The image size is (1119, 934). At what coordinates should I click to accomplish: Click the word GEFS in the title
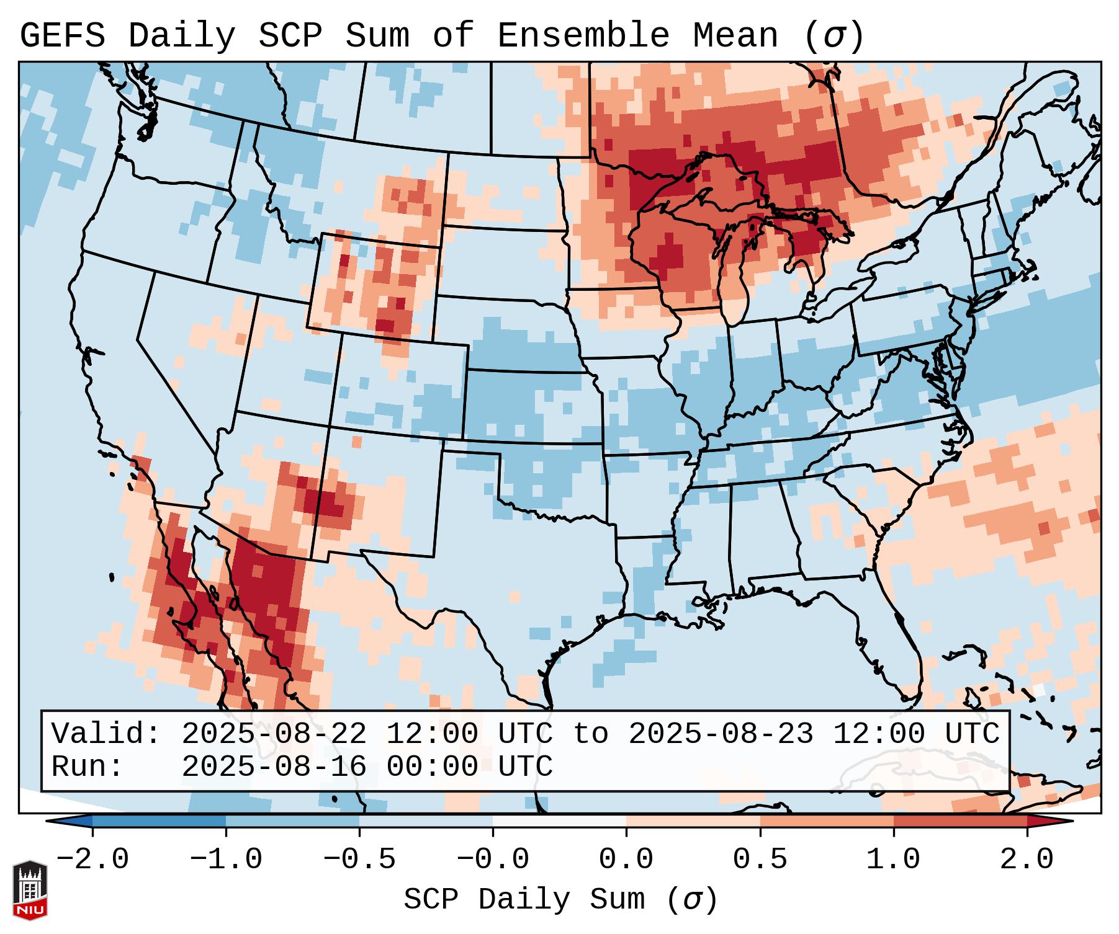[62, 36]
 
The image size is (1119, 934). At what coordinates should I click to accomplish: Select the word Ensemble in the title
[583, 36]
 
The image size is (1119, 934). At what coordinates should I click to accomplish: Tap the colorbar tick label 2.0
[1027, 860]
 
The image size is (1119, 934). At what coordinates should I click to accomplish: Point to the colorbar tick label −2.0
[92, 860]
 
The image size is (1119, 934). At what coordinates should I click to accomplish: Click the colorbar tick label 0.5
[760, 860]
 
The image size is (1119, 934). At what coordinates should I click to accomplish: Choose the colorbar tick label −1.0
[226, 860]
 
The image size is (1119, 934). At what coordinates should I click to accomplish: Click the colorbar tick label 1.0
[893, 860]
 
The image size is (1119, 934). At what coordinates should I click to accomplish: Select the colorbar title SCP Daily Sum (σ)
[560, 900]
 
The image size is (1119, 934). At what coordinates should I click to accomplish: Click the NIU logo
[30, 890]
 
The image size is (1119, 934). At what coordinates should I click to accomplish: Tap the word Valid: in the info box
[106, 734]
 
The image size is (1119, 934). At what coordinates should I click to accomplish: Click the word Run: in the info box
[87, 767]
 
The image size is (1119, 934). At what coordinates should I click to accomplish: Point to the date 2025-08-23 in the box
[721, 734]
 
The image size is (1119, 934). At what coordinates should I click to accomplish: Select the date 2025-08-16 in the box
[274, 767]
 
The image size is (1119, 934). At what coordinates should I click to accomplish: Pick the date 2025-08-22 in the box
[274, 734]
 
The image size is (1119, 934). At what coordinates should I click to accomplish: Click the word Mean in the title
[735, 36]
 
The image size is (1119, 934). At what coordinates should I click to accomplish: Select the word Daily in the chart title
[181, 36]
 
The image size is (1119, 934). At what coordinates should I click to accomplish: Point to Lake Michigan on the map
[734, 273]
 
